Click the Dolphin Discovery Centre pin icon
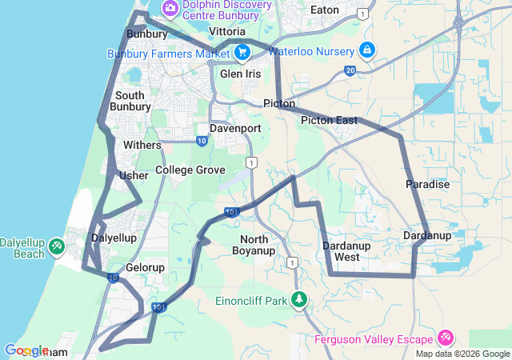click(170, 8)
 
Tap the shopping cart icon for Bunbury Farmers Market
click(242, 53)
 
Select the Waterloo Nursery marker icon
click(366, 50)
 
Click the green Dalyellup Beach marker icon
click(56, 246)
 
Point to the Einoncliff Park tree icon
click(299, 299)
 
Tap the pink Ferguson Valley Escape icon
click(446, 338)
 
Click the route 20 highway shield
click(350, 71)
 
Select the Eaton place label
click(324, 10)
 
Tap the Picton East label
click(329, 120)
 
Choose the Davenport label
click(235, 128)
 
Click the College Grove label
click(190, 170)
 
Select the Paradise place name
click(428, 184)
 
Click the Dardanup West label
click(346, 251)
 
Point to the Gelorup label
click(145, 267)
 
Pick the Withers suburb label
click(142, 146)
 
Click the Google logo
click(26, 350)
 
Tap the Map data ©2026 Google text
click(462, 354)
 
